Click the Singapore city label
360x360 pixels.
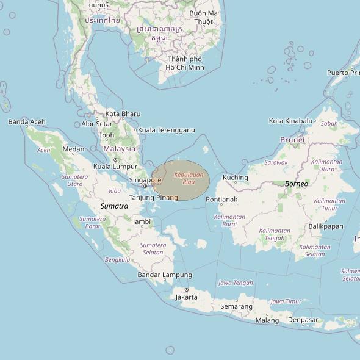coord(145,180)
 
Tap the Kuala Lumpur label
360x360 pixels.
coord(115,167)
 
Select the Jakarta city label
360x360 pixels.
coord(186,297)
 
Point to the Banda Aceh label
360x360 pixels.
coord(27,122)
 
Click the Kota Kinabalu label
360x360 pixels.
coord(290,121)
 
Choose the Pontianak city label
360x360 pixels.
coord(221,200)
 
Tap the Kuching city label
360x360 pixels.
coord(236,178)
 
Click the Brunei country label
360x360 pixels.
coord(292,140)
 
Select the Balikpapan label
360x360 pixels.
coord(326,226)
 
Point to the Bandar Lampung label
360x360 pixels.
coord(165,275)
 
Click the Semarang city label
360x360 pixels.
coord(236,306)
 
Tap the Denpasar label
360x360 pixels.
coord(303,320)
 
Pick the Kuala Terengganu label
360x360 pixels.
coord(166,130)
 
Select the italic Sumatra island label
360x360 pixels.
coord(114,206)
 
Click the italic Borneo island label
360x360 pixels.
coord(297,184)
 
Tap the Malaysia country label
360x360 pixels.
coord(119,149)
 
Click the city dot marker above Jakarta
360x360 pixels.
coord(186,290)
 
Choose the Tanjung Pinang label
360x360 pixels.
coord(154,198)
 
